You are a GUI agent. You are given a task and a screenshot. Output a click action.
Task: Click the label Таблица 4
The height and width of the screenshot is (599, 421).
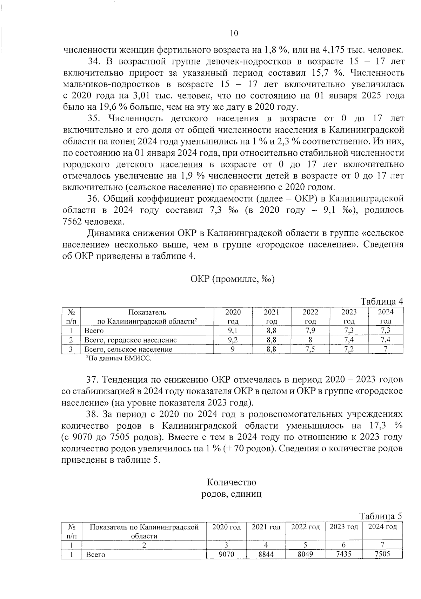382,301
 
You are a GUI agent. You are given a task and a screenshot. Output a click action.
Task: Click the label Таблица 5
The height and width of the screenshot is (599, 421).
381,516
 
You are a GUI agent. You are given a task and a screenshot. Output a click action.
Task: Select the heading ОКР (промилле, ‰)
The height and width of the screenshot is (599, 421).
232,279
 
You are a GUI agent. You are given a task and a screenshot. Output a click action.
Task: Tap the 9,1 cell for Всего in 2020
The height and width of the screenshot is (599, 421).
233,330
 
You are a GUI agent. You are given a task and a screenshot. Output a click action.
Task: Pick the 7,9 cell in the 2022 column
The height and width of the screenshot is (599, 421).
310,330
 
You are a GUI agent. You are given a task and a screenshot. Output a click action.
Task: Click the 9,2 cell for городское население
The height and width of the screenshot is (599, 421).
233,340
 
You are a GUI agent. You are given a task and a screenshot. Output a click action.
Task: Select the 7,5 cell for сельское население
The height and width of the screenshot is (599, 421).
310,349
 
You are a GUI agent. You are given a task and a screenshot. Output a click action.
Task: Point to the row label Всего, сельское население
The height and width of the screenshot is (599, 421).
128,349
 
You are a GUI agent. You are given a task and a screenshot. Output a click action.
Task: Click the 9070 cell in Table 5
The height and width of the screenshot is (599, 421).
226,554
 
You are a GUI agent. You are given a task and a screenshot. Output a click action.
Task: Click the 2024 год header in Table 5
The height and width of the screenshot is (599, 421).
382,527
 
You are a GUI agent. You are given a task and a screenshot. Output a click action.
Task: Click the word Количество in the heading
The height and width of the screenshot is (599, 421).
232,482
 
